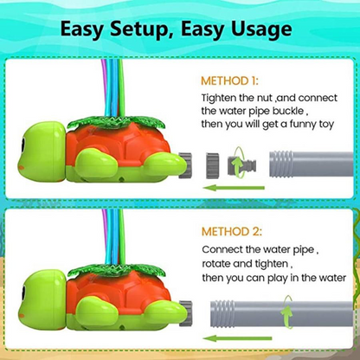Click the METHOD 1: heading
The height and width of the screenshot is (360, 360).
[x=229, y=80]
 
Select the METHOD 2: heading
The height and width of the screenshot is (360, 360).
[x=232, y=232]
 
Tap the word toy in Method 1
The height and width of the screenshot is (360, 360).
[x=325, y=125]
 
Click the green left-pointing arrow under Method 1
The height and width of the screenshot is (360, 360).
[x=234, y=188]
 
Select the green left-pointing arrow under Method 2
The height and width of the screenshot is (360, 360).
[x=237, y=338]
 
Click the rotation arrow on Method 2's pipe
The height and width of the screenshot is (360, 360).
[x=286, y=312]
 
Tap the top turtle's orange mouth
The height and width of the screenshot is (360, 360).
[x=21, y=168]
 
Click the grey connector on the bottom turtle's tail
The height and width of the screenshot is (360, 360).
[x=185, y=313]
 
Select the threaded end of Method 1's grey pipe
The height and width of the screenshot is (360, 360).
[x=281, y=164]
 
